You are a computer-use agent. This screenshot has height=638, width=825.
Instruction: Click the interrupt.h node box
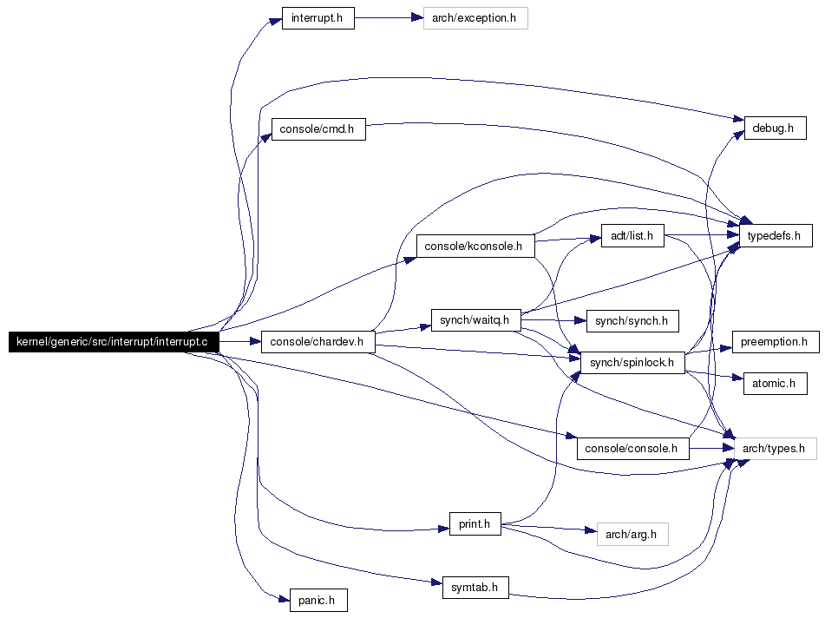click(318, 18)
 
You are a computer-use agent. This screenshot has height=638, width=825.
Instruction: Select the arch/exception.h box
click(475, 18)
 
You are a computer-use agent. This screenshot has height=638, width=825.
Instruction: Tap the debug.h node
click(774, 128)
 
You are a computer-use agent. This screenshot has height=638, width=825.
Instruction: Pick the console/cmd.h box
click(318, 129)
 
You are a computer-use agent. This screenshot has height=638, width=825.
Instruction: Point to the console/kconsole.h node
click(475, 246)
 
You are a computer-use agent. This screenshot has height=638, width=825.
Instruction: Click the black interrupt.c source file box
click(113, 341)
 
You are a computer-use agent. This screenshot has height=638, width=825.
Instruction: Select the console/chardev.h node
click(318, 341)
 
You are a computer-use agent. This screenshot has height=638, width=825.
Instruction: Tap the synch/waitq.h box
click(475, 319)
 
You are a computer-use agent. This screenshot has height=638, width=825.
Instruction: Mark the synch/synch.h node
click(632, 320)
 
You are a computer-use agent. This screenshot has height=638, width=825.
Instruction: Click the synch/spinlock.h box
click(632, 362)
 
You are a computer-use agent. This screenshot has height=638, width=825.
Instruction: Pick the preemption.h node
click(775, 341)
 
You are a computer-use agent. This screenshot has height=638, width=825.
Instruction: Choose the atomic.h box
click(775, 383)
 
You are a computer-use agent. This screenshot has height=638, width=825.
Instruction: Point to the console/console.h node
click(632, 448)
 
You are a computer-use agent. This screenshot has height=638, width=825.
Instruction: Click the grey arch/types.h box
click(775, 448)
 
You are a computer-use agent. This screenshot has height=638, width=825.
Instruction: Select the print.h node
click(475, 523)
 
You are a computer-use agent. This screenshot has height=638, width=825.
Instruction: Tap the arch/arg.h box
click(632, 534)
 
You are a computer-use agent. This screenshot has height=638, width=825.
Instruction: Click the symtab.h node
click(475, 587)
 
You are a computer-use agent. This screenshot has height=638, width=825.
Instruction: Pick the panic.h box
click(318, 600)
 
